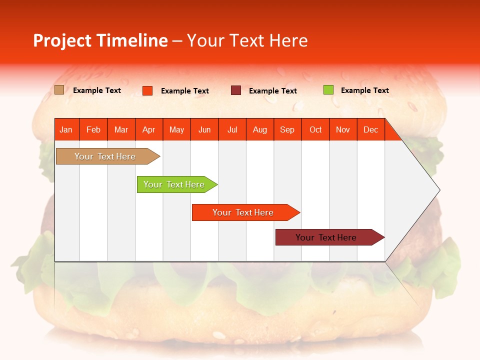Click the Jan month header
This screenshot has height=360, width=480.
[x=66, y=129]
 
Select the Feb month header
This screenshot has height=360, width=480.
[x=93, y=129]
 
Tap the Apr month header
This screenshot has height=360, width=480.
[x=149, y=129]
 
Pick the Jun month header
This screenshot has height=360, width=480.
[x=204, y=129]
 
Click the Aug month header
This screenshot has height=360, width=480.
[x=260, y=129]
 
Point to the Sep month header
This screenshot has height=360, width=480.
[x=287, y=129]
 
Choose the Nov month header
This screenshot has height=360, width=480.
[x=343, y=129]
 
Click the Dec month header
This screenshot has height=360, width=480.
[x=371, y=129]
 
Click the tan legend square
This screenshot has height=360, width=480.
[x=59, y=90]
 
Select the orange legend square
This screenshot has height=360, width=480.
[x=147, y=90]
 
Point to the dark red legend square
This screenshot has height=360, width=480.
[x=236, y=90]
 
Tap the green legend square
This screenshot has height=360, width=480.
[x=328, y=90]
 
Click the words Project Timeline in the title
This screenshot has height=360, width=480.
[x=100, y=40]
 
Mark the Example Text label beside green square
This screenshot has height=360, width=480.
[x=364, y=90]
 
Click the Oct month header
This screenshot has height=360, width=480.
[x=315, y=129]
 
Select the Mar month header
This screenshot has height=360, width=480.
[x=121, y=129]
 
